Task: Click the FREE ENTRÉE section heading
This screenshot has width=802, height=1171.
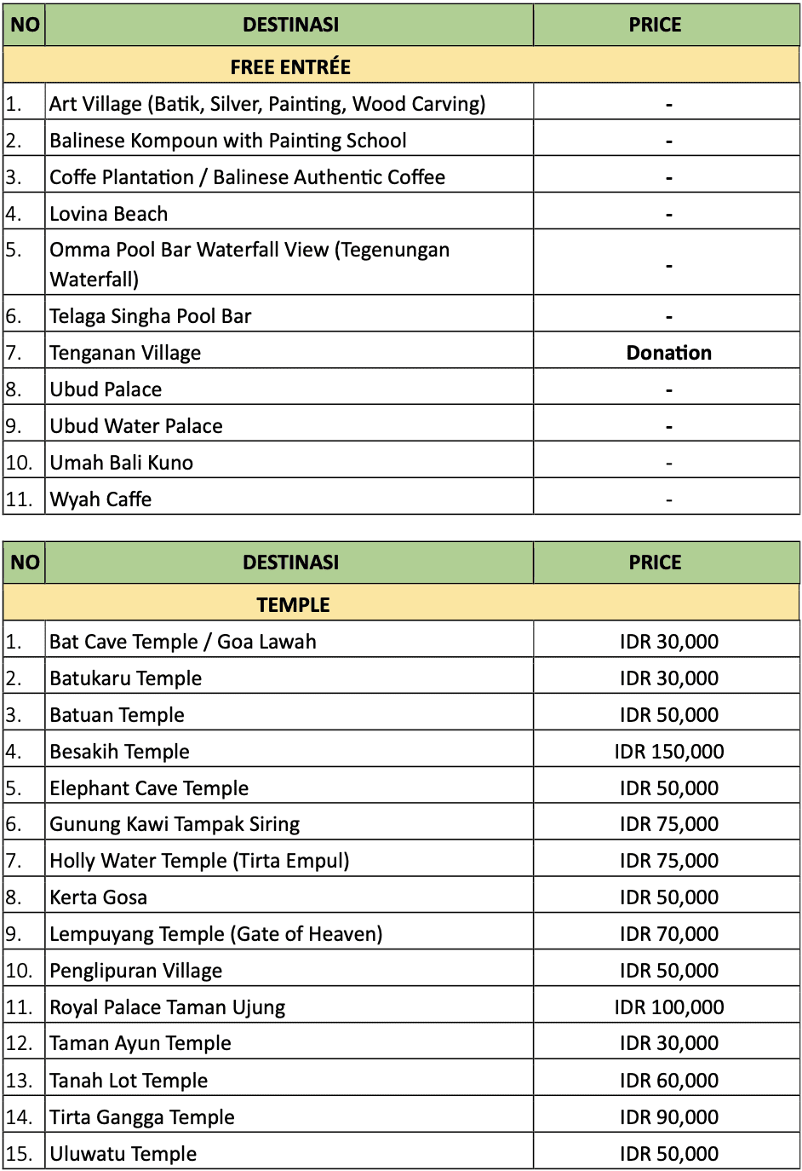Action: (x=290, y=67)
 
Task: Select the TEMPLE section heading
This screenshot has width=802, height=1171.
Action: (x=293, y=605)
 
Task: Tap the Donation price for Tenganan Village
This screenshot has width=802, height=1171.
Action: (x=668, y=353)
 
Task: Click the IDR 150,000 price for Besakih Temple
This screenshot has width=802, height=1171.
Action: (x=668, y=752)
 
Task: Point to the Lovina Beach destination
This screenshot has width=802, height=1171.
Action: (x=109, y=214)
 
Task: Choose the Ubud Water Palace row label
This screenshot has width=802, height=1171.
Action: (x=136, y=426)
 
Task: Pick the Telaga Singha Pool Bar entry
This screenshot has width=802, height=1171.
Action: (x=151, y=316)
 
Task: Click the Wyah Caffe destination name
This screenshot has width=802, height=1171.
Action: (x=100, y=499)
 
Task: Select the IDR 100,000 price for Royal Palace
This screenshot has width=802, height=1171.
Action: (x=668, y=1007)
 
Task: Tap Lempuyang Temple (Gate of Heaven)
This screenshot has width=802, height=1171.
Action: (x=216, y=934)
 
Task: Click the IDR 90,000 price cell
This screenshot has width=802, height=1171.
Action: (x=668, y=1117)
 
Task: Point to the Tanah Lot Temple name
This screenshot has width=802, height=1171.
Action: (x=129, y=1081)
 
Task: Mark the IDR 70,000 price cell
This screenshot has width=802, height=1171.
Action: (x=668, y=934)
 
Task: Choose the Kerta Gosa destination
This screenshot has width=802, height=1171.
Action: (x=99, y=897)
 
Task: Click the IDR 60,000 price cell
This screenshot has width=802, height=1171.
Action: (x=668, y=1081)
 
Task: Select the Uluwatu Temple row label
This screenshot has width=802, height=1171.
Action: (x=123, y=1154)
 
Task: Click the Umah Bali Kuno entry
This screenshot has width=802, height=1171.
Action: (x=122, y=463)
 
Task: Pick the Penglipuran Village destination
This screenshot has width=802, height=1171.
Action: (x=136, y=971)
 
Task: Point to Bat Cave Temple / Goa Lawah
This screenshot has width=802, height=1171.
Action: (x=183, y=642)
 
